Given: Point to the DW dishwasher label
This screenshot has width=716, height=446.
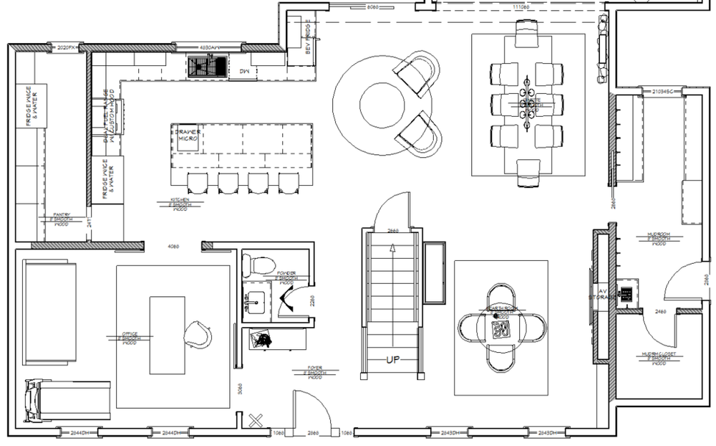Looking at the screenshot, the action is pyautogui.click(x=243, y=71).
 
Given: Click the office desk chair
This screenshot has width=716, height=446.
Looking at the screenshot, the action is pyautogui.click(x=197, y=334).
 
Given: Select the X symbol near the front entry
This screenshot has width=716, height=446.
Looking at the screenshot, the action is pyautogui.click(x=254, y=420).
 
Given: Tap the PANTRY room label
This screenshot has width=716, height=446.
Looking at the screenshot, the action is pyautogui.click(x=59, y=218).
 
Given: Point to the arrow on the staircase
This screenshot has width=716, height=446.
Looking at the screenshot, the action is pyautogui.click(x=392, y=250).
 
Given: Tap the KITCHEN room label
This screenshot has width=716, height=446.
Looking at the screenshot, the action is pyautogui.click(x=178, y=204).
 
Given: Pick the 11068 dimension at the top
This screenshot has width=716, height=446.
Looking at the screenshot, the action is pyautogui.click(x=521, y=6).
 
